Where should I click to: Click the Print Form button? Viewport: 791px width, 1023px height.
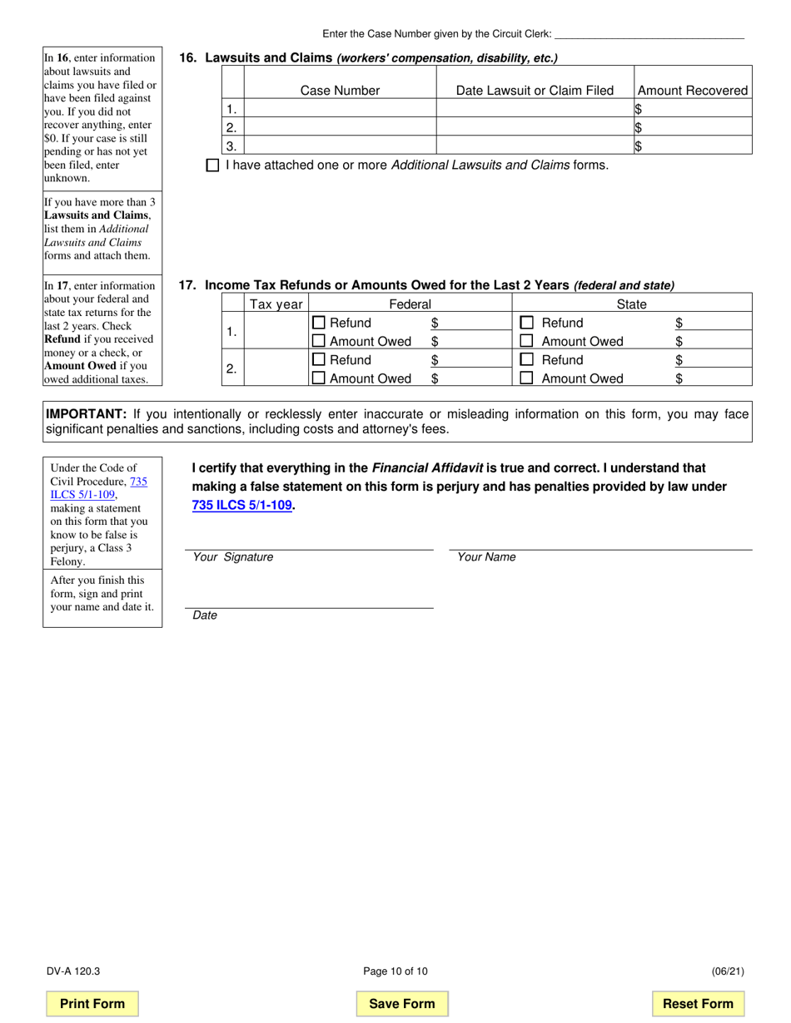[92, 1003]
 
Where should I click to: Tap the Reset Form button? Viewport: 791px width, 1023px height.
[698, 1003]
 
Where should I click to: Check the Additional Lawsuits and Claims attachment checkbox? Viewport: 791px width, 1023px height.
[212, 166]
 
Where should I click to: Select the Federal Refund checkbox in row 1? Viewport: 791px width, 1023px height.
[318, 323]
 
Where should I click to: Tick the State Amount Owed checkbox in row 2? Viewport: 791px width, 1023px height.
[526, 378]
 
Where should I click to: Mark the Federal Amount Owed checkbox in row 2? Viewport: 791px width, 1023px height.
[318, 378]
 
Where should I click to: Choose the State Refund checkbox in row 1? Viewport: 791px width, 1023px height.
[526, 323]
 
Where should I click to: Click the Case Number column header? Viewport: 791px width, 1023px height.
[340, 91]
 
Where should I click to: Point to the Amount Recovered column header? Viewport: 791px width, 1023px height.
[692, 91]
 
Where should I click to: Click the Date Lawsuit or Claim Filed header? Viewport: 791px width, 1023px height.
[535, 91]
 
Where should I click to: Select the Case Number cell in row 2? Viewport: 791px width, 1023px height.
[340, 127]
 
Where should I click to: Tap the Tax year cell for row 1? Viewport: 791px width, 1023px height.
[276, 332]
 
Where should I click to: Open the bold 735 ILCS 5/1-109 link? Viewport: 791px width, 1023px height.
[242, 505]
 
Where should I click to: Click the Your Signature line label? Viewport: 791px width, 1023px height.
[233, 557]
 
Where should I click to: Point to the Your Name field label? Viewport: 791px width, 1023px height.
[486, 557]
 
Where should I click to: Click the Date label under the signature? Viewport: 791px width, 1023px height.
[205, 615]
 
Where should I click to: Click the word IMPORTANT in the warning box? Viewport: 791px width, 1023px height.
[86, 414]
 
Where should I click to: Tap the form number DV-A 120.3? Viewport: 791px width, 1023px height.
[73, 971]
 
